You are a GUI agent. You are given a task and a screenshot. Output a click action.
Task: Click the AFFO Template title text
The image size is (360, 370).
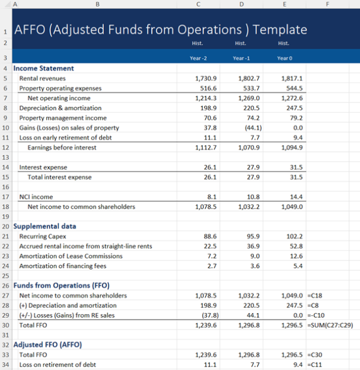pyautogui.click(x=160, y=29)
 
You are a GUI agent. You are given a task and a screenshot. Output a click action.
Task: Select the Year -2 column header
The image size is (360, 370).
pyautogui.click(x=199, y=58)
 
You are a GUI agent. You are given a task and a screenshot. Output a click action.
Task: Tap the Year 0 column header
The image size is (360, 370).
pyautogui.click(x=284, y=58)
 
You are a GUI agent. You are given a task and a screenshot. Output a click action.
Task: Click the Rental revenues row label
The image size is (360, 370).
pyautogui.click(x=43, y=79)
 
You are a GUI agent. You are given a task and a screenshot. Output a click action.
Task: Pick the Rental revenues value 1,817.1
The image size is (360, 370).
pyautogui.click(x=292, y=79)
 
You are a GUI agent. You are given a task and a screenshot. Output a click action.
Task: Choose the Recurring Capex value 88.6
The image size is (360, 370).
pyautogui.click(x=207, y=236)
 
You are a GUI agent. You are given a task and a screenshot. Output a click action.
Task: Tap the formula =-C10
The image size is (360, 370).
pyautogui.click(x=317, y=315)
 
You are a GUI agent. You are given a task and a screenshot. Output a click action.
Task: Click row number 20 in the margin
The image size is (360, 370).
pyautogui.click(x=5, y=227)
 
